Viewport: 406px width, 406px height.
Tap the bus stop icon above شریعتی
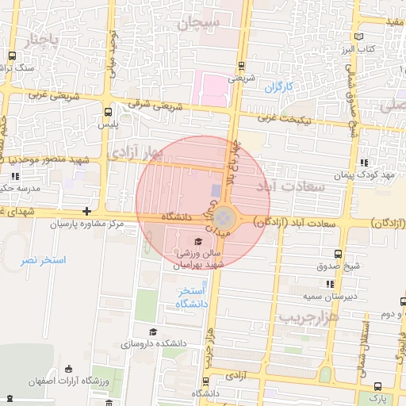pyautogui.click(x=241, y=67)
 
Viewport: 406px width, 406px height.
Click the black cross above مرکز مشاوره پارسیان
pyautogui.click(x=86, y=212)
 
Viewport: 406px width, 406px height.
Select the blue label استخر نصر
pyautogui.click(x=40, y=260)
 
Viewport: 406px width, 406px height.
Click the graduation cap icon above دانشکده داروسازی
pyautogui.click(x=152, y=332)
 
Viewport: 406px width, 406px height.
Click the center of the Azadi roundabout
pyautogui.click(x=226, y=216)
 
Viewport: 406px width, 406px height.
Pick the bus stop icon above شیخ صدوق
pyautogui.click(x=339, y=254)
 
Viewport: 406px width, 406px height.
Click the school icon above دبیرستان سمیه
pyautogui.click(x=329, y=284)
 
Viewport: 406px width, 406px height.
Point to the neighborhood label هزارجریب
pyautogui.click(x=310, y=317)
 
